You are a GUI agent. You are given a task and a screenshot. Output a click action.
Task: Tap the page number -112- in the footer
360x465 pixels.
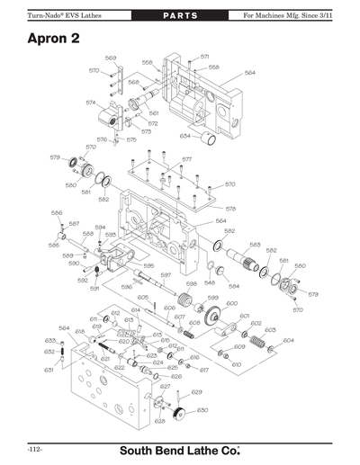point(35,448)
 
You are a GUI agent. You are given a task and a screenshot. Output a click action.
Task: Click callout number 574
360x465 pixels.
point(91,103)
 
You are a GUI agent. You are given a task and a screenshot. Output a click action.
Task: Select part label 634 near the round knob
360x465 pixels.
point(184,137)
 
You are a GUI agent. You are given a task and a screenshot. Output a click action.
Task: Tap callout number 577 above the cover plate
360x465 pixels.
point(187,160)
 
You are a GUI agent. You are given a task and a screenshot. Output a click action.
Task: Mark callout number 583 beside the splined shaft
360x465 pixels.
point(255,245)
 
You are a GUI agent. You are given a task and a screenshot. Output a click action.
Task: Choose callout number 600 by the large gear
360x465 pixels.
point(232,304)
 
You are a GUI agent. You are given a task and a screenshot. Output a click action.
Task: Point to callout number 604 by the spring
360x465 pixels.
point(288,341)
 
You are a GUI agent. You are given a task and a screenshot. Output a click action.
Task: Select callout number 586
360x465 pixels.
point(56,213)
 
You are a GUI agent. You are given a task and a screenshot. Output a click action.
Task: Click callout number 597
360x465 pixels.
point(166,275)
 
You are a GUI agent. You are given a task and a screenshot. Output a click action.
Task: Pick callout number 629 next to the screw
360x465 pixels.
point(196,392)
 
